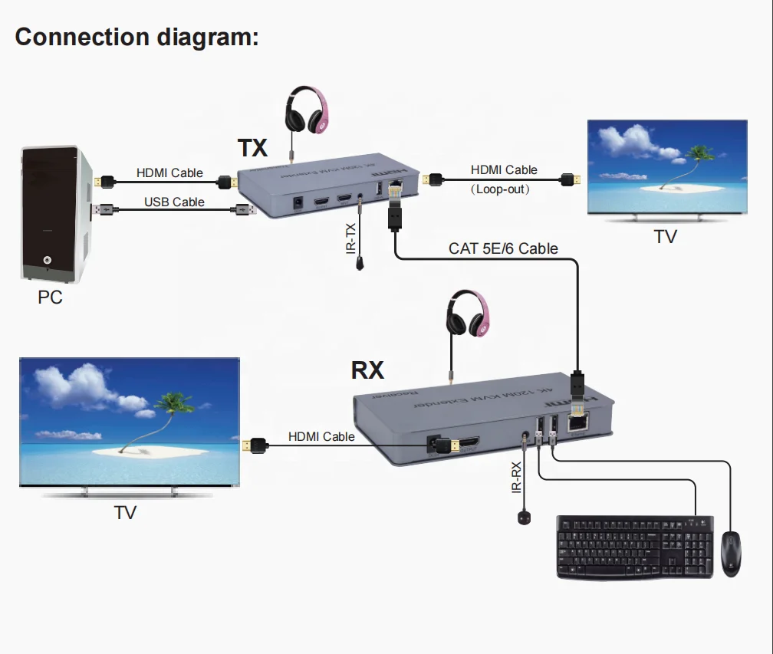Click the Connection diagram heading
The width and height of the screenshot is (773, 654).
[x=137, y=36]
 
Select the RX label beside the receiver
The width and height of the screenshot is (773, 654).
[x=367, y=370]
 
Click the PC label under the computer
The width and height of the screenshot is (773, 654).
[x=51, y=297]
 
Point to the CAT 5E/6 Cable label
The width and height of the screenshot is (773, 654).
[x=503, y=248]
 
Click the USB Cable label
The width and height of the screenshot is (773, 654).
[x=174, y=202]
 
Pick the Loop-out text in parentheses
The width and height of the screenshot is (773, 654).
[x=501, y=189]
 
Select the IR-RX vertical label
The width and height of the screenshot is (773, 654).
[x=516, y=476]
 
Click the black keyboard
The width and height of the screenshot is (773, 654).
[x=634, y=546]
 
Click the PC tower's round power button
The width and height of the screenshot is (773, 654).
[x=48, y=261]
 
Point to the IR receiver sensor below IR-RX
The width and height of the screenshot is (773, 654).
[x=525, y=518]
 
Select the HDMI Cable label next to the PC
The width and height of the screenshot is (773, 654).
[x=169, y=173]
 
